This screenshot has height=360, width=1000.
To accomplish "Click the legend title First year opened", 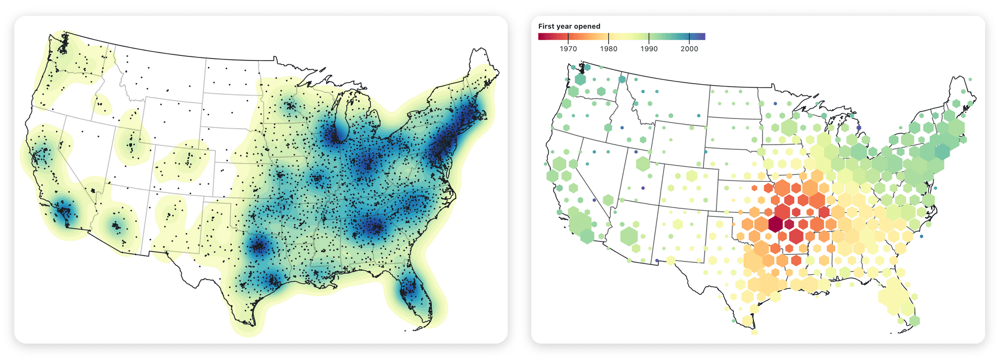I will coord(569,26).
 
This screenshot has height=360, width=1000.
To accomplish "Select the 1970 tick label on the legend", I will coord(568,49).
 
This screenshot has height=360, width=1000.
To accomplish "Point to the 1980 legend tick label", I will coord(608,49).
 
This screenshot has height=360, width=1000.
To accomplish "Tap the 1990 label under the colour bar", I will coord(649,49).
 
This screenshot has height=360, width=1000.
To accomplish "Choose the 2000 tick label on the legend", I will coord(689,49).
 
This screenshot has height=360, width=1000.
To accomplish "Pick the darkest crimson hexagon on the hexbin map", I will coord(775,224).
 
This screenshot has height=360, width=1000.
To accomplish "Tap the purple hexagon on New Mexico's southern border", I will coord(657,261).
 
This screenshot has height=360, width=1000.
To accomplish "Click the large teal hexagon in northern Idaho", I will coord(622,79).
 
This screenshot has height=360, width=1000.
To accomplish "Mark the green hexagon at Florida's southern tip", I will coord(914,321).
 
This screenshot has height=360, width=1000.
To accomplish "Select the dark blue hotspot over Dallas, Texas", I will coord(258,247).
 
